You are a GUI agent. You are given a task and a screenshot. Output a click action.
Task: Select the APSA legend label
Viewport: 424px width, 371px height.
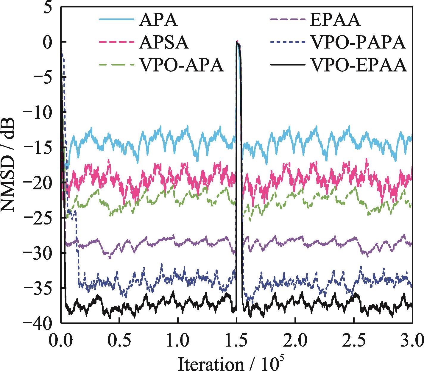point(163,43)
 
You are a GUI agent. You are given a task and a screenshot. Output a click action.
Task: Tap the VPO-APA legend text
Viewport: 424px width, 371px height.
point(181,66)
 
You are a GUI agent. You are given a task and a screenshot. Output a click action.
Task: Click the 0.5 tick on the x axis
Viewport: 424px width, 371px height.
point(119,339)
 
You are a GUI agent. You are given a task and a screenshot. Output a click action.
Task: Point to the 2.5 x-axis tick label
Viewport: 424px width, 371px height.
point(354,339)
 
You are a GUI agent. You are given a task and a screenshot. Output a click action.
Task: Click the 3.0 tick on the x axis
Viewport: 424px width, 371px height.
point(411,339)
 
